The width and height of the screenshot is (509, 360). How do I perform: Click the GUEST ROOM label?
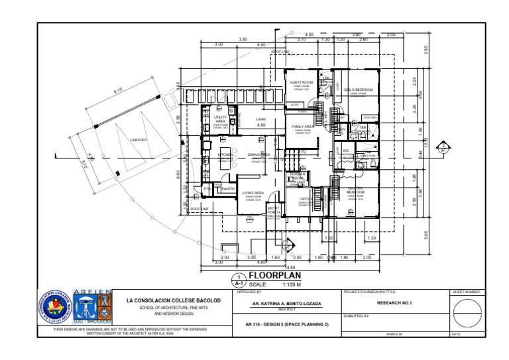pos(302,83)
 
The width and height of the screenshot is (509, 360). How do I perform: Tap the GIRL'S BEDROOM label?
pos(358,90)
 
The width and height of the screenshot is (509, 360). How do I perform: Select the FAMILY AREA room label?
pos(302,126)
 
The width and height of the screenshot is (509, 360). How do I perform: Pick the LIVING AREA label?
pos(254,193)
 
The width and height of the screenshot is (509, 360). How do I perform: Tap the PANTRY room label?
pos(229,189)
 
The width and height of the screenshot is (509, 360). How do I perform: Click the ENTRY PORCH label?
pos(274,210)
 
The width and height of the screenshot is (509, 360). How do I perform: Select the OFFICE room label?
pos(306,199)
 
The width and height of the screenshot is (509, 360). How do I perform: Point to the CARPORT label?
pos(139,140)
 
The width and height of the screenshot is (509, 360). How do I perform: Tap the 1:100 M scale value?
pos(292,284)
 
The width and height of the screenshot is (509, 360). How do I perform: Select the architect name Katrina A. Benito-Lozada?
pos(287,304)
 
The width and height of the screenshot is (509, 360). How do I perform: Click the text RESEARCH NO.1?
pos(394,303)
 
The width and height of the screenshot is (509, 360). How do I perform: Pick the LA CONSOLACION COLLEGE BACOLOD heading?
pos(174,300)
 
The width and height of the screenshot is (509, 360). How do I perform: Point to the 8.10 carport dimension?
pos(118,91)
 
